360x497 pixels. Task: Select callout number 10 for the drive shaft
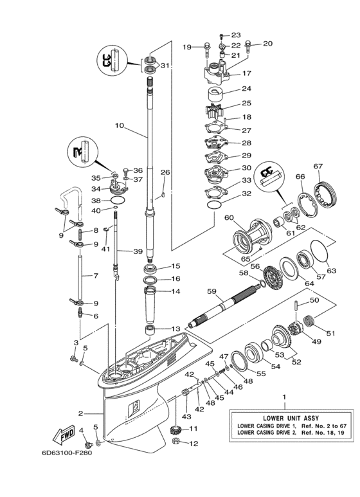click(x=119, y=126)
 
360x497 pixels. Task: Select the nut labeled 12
click(x=175, y=443)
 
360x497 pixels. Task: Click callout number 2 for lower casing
click(x=81, y=413)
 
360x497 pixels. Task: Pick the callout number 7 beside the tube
click(x=95, y=276)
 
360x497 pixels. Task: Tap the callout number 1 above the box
click(x=285, y=397)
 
